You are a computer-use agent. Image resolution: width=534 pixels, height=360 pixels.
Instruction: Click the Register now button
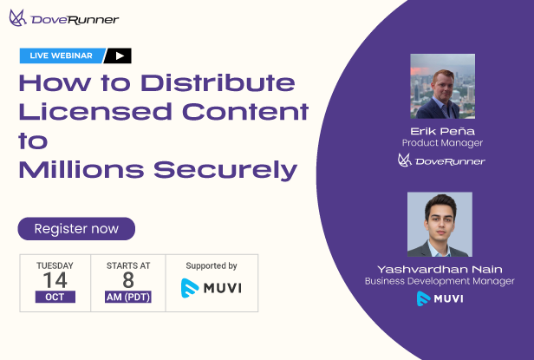(76, 229)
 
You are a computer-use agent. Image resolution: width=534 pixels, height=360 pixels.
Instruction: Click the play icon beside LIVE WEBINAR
(119, 56)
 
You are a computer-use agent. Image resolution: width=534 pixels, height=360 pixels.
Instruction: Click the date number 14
(55, 280)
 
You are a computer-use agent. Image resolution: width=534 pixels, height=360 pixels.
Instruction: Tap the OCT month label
(55, 297)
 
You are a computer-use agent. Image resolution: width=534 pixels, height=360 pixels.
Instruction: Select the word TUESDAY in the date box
(55, 265)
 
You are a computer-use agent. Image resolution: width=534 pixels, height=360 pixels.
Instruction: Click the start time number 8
(127, 280)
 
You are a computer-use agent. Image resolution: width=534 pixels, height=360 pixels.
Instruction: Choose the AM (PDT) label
(127, 297)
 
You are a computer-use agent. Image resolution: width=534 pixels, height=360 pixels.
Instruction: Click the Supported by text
(212, 265)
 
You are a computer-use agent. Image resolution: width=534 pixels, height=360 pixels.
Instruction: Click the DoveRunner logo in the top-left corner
(64, 18)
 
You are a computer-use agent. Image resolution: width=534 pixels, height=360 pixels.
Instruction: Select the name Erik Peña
(442, 129)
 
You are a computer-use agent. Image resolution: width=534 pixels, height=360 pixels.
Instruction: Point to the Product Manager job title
(442, 142)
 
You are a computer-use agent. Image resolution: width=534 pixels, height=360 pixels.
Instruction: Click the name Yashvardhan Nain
(440, 268)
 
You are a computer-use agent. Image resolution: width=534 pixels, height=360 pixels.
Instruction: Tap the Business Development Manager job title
(440, 281)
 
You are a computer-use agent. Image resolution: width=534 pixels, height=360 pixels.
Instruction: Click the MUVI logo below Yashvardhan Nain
(440, 298)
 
